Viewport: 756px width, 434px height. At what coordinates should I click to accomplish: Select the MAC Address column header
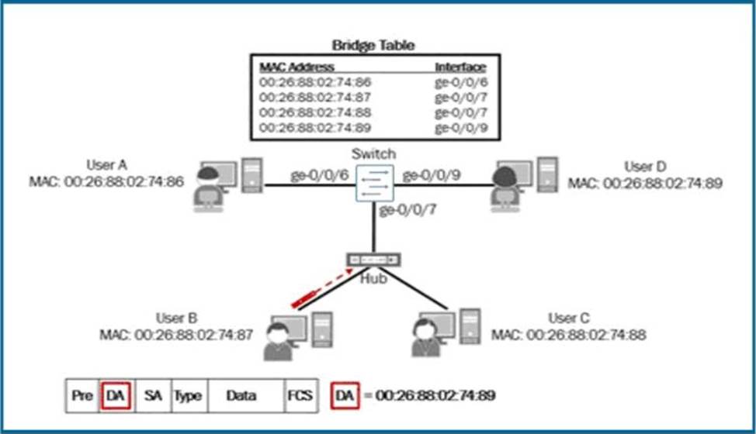(x=297, y=67)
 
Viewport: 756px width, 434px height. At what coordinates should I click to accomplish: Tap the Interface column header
(x=460, y=67)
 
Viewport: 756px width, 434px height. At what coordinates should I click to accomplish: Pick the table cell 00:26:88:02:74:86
(x=314, y=81)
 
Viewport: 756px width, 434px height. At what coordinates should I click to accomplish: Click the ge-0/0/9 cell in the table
(x=460, y=127)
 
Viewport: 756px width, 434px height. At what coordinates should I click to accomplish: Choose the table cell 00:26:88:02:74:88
(x=314, y=112)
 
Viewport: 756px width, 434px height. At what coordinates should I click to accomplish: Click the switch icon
(x=374, y=184)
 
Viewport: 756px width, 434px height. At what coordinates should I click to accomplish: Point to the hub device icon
(x=373, y=260)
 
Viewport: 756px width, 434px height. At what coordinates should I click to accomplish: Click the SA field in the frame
(x=152, y=395)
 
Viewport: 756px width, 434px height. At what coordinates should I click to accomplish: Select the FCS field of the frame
(x=300, y=395)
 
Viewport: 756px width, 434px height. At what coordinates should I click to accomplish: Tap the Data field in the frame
(x=241, y=395)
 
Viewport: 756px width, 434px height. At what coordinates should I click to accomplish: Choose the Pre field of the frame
(x=81, y=395)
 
